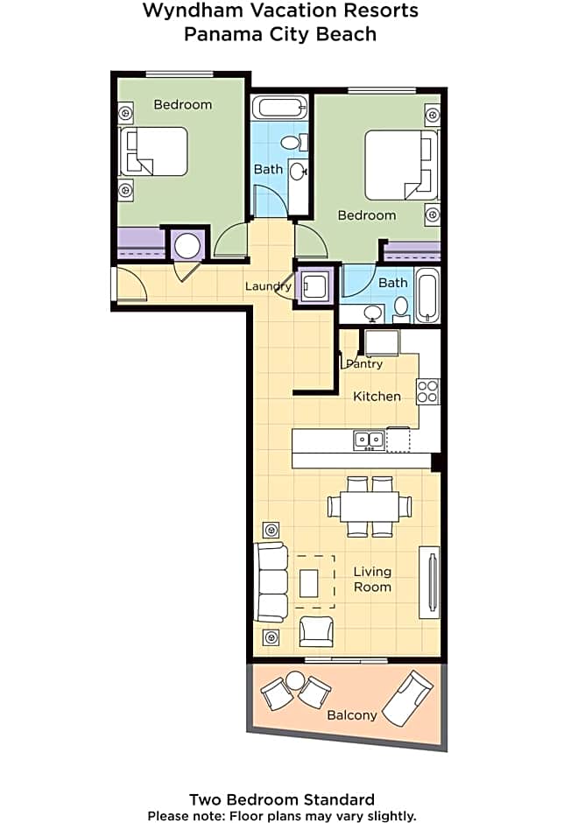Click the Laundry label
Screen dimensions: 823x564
pos(268,286)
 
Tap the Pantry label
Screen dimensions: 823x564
pos(364,363)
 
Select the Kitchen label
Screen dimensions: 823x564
pos(377,396)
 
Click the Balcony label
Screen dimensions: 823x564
pos(351,714)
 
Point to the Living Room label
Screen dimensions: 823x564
pos(372,579)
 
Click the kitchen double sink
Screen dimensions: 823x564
pos(369,440)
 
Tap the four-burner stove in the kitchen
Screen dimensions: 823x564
pos(427,391)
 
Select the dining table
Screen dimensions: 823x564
pos(369,506)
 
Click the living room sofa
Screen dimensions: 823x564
pos(270,581)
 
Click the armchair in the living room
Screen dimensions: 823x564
pos(315,631)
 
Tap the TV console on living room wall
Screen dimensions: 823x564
pos(429,582)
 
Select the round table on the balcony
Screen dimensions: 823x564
pos(294,680)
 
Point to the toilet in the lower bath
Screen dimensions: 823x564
pos(401,306)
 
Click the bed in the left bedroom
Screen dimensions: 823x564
pos(154,151)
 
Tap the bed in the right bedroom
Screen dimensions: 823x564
pos(401,165)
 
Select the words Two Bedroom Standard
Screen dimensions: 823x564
pos(282,799)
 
